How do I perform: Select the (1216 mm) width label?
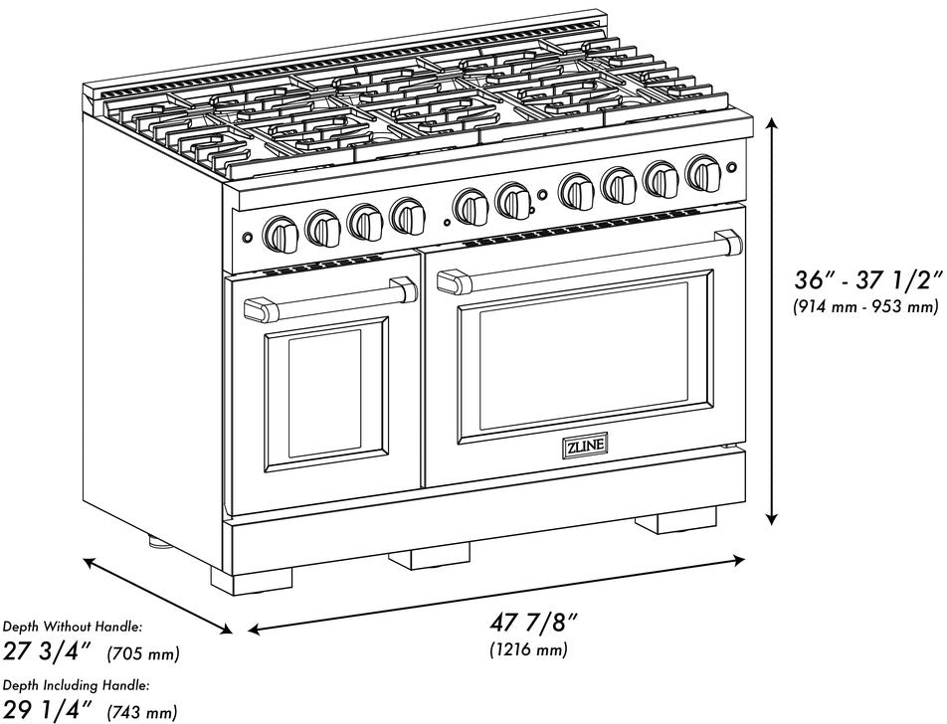tap(528, 651)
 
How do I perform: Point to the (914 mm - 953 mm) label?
tap(865, 307)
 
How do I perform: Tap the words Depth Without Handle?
tap(72, 627)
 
